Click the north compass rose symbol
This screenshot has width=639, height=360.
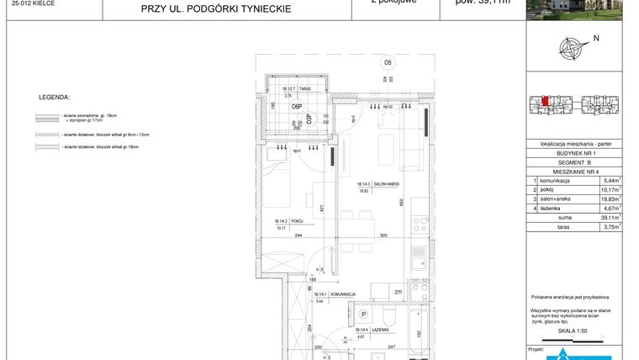tap(574, 49)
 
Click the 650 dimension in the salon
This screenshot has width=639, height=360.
tap(401, 202)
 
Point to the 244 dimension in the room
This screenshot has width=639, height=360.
tap(298, 236)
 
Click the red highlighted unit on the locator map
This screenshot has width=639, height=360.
tap(546, 102)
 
